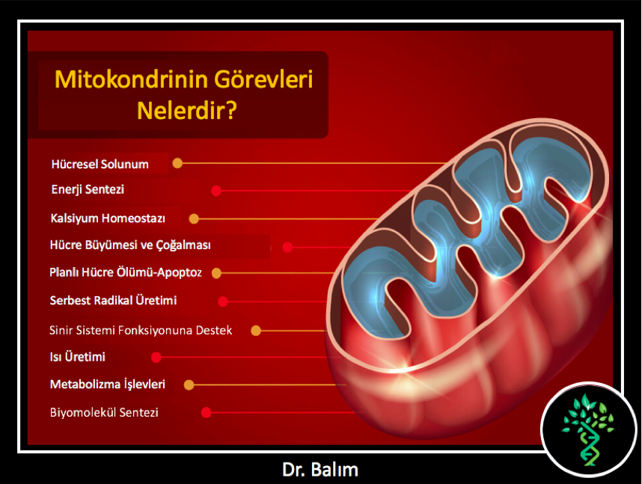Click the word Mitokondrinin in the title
pos(132,79)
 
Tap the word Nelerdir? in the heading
pos(187,110)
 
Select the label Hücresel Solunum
pos(100,164)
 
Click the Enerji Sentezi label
pos(88,189)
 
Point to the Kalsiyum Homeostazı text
pos(108,218)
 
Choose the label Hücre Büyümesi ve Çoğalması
pos(130,245)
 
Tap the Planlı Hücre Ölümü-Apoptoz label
pos(126,272)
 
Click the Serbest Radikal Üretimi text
pos(114,300)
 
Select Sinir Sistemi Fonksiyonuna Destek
pos(141,330)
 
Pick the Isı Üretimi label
pos(77,357)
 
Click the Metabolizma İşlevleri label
pos(108,384)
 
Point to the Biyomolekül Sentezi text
pos(104,412)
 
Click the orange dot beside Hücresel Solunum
pos(177,163)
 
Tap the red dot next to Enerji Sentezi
pos(216,191)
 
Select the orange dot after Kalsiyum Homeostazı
pos(194,218)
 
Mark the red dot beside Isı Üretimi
pos(156,358)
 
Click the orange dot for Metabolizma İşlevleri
pos(189,385)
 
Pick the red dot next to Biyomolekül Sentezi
pos(207,412)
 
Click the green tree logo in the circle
pos(588,430)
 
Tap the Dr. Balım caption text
pos(320,470)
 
